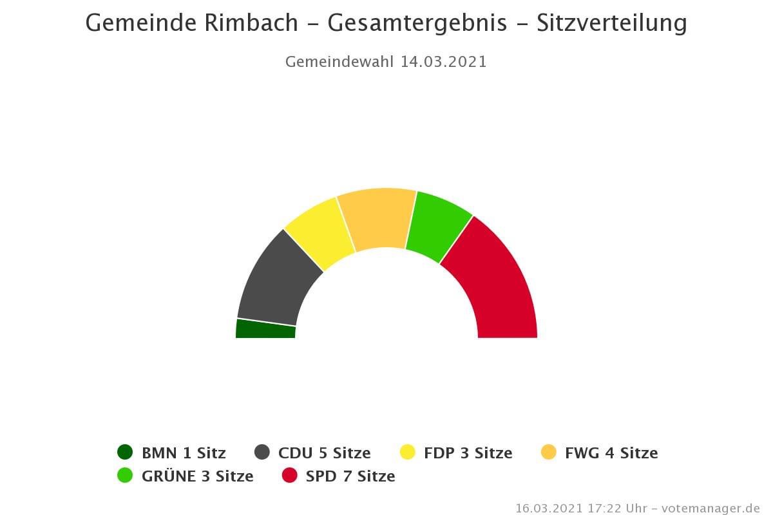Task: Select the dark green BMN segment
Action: click(265, 329)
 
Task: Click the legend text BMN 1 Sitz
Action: click(184, 453)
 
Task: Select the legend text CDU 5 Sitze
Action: click(324, 453)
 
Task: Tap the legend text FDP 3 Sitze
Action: click(468, 453)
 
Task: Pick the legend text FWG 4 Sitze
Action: click(611, 453)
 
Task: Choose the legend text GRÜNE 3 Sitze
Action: click(197, 476)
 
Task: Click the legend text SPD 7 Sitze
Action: click(350, 476)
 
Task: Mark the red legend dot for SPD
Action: click(290, 476)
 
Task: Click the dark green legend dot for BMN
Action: click(125, 453)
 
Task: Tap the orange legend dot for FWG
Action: click(548, 453)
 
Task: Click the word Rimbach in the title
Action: click(251, 24)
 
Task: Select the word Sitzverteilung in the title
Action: click(612, 24)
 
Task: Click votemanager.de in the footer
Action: click(712, 508)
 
